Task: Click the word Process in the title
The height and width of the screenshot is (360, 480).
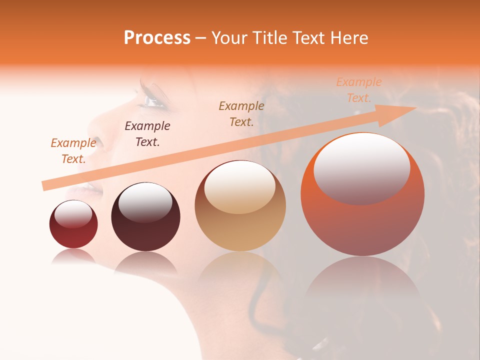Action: [157, 38]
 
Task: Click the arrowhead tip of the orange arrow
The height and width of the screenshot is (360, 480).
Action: [415, 108]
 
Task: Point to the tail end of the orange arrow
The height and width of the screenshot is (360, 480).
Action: [44, 186]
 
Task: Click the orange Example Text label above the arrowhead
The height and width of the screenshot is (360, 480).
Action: [358, 90]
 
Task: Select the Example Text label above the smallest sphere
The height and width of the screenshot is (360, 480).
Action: [73, 150]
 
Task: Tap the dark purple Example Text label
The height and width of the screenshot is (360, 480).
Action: [147, 134]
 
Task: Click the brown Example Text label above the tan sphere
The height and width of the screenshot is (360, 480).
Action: [241, 113]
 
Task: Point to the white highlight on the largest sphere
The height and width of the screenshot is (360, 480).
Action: [361, 167]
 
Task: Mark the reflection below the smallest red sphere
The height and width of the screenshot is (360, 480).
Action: [73, 256]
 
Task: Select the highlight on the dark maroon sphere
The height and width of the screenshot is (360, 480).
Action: [145, 202]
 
